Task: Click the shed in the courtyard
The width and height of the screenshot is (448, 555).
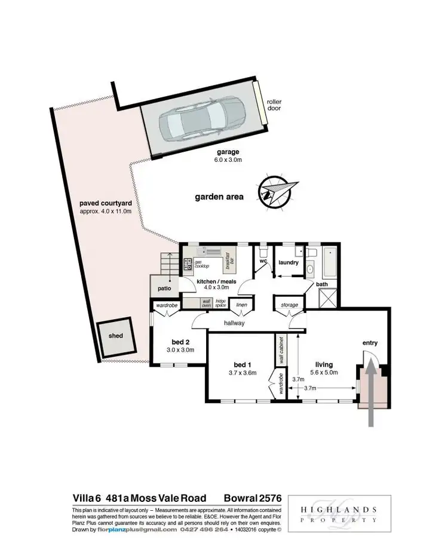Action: click(115, 336)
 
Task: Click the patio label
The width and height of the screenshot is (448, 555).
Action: click(165, 289)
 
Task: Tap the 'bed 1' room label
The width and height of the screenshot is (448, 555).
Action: click(243, 364)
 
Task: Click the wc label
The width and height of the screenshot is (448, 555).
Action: click(262, 261)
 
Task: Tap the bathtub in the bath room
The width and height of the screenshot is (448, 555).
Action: click(330, 260)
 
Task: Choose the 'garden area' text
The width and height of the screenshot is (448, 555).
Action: click(219, 196)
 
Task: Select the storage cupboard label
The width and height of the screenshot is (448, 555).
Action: click(290, 305)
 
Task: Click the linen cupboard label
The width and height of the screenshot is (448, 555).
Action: click(241, 305)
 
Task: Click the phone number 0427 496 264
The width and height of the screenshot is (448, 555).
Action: click(205, 530)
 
